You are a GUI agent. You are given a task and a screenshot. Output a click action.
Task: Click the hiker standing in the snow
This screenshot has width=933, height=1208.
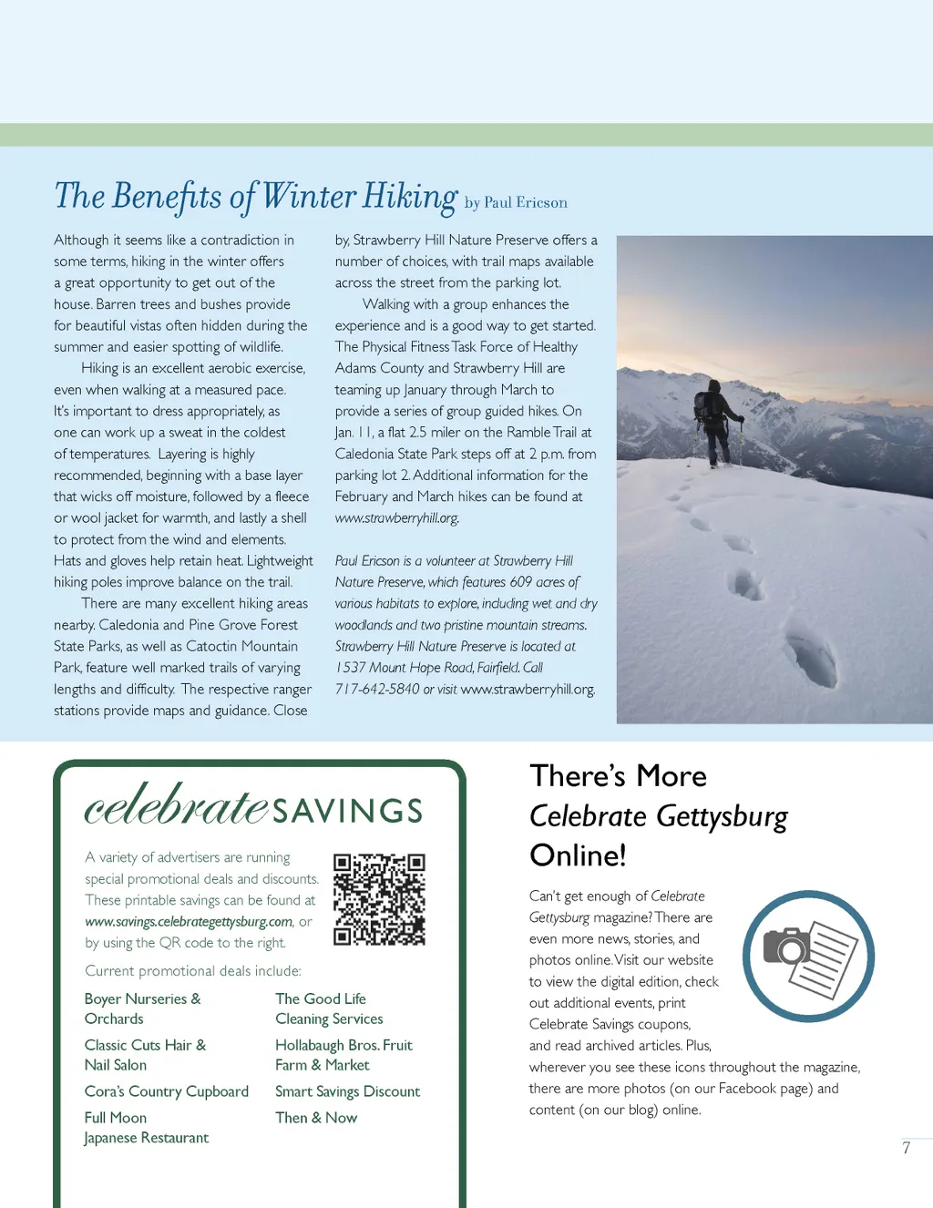(715, 422)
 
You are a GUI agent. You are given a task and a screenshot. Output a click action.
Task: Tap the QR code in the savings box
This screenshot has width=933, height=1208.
(379, 899)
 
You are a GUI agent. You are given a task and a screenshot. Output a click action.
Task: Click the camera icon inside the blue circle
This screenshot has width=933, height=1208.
(786, 947)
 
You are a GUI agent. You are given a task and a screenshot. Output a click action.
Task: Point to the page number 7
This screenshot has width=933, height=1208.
(907, 1148)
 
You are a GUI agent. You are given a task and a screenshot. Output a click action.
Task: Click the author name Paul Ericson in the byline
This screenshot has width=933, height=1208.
(526, 203)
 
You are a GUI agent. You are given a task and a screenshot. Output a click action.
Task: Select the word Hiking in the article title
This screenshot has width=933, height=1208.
(410, 197)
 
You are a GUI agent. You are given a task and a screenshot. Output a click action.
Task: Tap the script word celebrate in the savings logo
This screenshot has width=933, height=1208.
(177, 804)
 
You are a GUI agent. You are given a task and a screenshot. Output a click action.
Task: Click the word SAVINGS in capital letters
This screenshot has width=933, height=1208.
(348, 811)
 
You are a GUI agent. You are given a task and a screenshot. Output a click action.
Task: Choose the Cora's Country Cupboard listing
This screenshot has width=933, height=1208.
(167, 1091)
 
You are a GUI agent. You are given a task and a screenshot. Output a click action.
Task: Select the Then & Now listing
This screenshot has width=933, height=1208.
(316, 1118)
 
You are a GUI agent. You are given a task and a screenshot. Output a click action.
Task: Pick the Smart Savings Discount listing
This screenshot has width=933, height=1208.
(347, 1091)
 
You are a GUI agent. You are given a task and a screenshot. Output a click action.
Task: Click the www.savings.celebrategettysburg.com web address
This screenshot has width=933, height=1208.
(189, 922)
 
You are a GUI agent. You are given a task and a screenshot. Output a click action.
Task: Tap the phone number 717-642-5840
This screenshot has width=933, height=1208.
(377, 690)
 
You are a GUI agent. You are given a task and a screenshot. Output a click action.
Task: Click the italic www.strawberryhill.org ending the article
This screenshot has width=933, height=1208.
(396, 518)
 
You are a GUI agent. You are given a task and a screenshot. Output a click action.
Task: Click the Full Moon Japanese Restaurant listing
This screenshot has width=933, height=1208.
(146, 1128)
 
